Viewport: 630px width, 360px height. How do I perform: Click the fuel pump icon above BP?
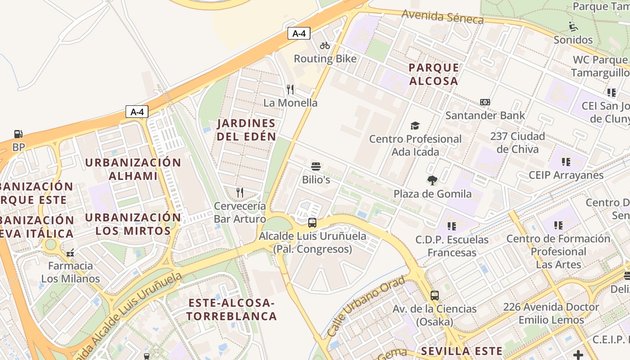pyautogui.click(x=18, y=134)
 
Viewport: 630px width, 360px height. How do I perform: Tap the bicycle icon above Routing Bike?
pyautogui.click(x=325, y=45)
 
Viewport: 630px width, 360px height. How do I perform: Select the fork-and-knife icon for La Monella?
pyautogui.click(x=290, y=90)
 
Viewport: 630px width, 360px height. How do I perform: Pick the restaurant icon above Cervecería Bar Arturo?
pyautogui.click(x=240, y=193)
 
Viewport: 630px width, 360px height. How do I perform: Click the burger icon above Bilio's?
pyautogui.click(x=316, y=166)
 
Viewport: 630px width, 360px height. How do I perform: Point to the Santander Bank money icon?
pyautogui.click(x=485, y=102)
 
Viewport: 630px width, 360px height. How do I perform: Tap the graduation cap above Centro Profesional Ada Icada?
pyautogui.click(x=415, y=126)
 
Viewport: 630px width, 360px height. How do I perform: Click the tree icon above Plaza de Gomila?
pyautogui.click(x=432, y=180)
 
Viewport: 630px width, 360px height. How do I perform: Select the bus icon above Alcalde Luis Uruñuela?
pyautogui.click(x=312, y=222)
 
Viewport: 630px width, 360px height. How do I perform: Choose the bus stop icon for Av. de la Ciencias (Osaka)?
pyautogui.click(x=434, y=295)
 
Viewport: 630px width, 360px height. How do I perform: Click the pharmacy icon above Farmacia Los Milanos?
pyautogui.click(x=70, y=253)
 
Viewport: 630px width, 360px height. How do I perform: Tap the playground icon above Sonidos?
pyautogui.click(x=573, y=26)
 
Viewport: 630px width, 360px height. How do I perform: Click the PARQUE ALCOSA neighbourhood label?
pyautogui.click(x=434, y=74)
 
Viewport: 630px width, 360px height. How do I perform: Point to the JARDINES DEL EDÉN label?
pyautogui.click(x=246, y=130)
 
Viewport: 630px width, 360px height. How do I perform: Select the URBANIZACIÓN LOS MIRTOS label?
pyautogui.click(x=133, y=224)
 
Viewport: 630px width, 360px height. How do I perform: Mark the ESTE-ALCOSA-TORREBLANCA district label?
pyautogui.click(x=231, y=310)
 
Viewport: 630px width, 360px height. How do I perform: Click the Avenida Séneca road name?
pyautogui.click(x=442, y=17)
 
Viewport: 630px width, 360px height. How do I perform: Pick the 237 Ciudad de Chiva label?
pyautogui.click(x=517, y=142)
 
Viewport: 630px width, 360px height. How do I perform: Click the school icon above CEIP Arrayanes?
pyautogui.click(x=566, y=162)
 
